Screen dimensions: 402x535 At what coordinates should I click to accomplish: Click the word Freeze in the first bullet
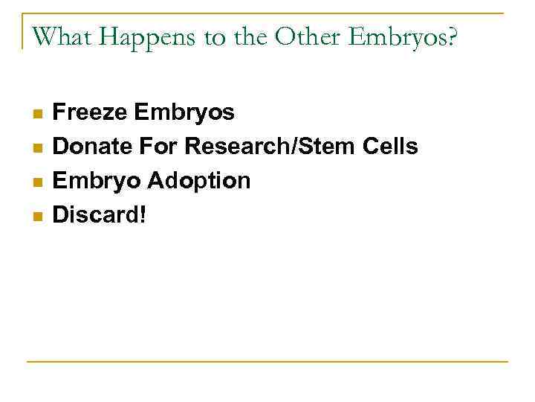[x=90, y=112]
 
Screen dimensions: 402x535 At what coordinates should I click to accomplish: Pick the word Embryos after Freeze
[x=184, y=113]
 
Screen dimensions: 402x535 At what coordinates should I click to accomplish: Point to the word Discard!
[x=100, y=215]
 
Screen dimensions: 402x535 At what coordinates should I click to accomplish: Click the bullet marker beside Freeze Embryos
[x=37, y=114]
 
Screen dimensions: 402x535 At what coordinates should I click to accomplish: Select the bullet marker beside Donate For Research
[x=37, y=148]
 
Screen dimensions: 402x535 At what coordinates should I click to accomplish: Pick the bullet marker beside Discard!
[x=37, y=217]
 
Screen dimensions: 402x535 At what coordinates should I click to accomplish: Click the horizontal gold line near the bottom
[x=267, y=362]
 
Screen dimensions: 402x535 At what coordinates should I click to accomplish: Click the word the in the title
[x=247, y=36]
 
